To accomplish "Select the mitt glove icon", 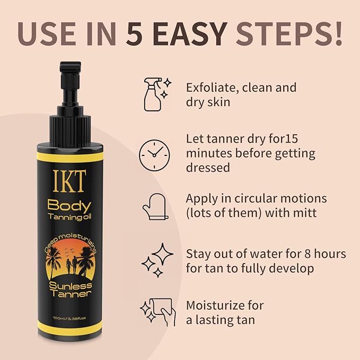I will point(155,207).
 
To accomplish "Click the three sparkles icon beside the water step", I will point(157,260).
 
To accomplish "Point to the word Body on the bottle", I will point(69,206).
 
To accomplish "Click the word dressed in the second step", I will point(208,167).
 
